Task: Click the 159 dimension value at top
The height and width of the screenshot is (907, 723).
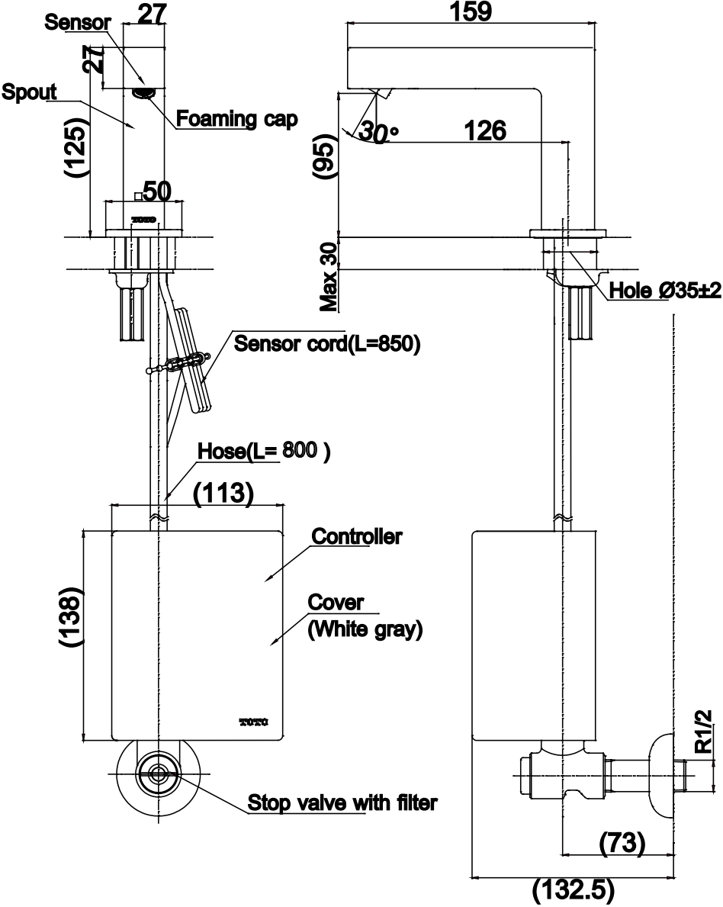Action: point(471,11)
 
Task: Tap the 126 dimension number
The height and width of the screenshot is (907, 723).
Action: point(485,130)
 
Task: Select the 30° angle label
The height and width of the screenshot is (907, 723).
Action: point(378,133)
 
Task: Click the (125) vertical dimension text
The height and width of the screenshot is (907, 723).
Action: point(76,147)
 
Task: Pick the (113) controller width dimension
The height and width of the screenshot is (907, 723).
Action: point(223,493)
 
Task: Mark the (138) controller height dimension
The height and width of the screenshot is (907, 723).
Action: point(72,617)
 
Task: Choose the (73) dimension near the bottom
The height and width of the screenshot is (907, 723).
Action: point(622,843)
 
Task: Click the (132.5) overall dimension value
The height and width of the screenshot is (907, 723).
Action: point(573,892)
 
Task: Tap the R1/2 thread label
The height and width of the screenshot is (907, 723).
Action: point(702,732)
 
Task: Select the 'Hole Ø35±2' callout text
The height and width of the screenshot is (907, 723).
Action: point(665,290)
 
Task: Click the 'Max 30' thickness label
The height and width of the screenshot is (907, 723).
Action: point(328,277)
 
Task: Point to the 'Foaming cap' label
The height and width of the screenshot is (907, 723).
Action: point(236,118)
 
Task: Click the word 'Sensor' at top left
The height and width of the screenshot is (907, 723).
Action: point(78,23)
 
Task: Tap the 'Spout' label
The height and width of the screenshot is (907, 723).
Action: point(29,92)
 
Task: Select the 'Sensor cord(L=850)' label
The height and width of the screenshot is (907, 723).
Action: point(326,343)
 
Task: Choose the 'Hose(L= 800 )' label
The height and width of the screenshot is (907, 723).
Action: point(264,451)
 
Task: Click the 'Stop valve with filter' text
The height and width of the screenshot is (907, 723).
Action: point(342,803)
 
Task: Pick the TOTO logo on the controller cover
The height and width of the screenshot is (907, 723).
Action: point(254,722)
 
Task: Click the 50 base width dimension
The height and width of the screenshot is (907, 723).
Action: point(157,191)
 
